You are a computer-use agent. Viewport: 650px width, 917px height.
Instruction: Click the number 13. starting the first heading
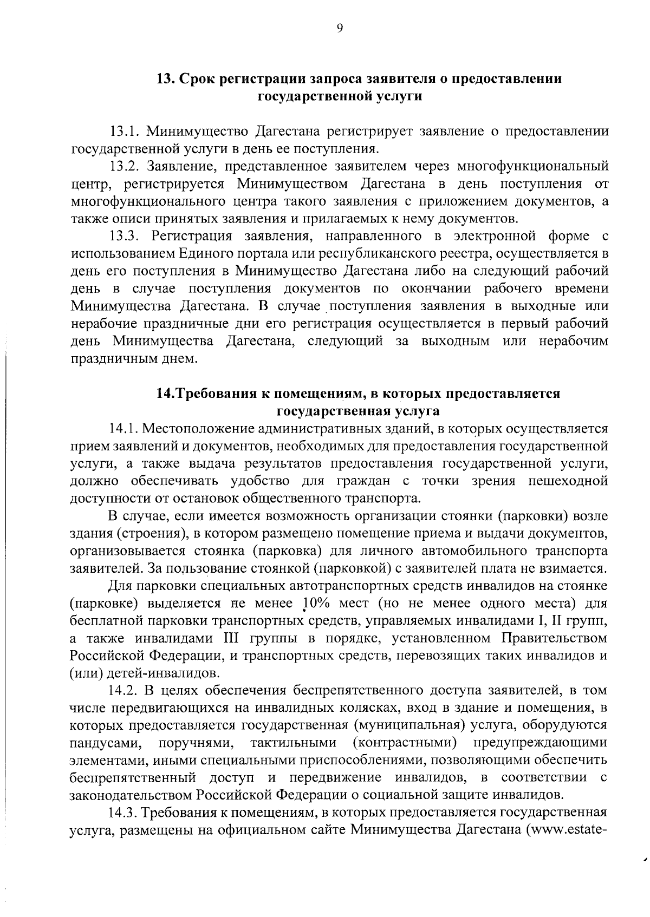(x=165, y=78)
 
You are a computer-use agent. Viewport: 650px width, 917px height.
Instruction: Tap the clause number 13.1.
(x=125, y=131)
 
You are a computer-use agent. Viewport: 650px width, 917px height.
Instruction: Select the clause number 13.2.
(x=125, y=166)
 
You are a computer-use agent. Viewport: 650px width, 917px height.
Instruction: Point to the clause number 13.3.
(x=125, y=236)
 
